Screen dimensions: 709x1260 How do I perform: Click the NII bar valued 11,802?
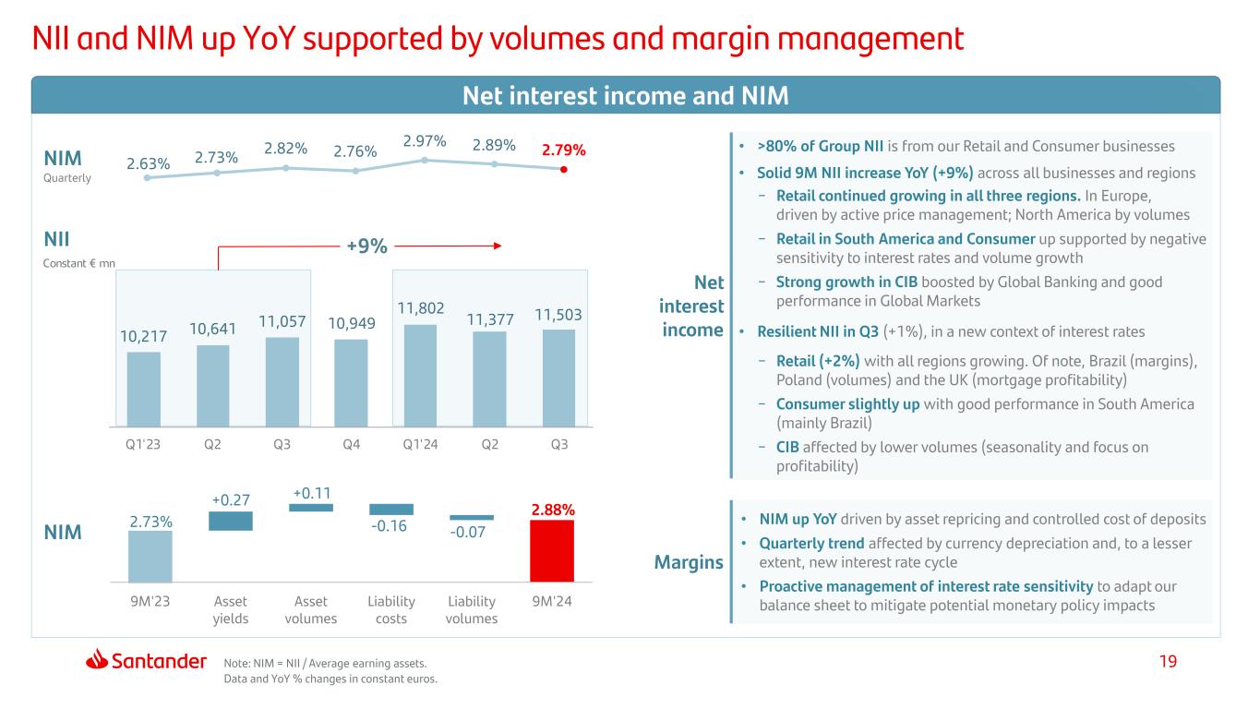pos(421,376)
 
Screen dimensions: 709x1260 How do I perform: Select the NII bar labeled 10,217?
pos(143,390)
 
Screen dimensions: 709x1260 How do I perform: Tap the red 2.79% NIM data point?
pos(564,169)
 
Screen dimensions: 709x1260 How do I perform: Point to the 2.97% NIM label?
pos(425,141)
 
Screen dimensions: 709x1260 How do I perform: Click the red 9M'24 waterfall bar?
pos(552,551)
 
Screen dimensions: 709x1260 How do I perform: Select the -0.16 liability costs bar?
pos(391,509)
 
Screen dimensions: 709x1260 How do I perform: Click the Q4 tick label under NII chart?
pos(351,444)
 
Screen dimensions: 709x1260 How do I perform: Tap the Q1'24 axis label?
pos(420,444)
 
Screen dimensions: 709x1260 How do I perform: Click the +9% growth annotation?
pos(366,246)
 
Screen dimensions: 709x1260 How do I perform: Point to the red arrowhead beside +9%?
pos(497,246)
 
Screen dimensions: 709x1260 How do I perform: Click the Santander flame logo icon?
pos(99,660)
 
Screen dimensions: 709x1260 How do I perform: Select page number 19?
pos(1170,661)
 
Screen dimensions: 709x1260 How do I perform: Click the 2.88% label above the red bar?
pos(553,509)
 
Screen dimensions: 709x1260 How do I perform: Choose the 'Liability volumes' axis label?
pos(472,609)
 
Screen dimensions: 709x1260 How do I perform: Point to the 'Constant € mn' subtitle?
pos(82,263)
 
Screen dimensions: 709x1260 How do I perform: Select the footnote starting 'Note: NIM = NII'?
pos(326,662)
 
